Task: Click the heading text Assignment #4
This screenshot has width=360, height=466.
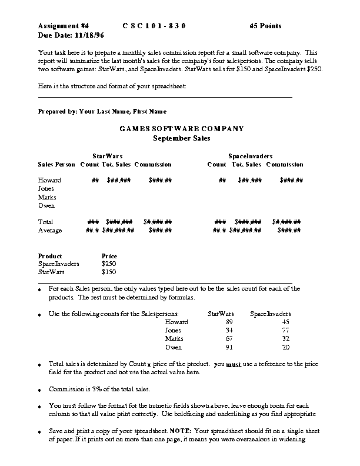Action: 64,26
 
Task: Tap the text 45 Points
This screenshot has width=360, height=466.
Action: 265,26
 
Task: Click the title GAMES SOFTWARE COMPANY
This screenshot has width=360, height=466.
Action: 182,129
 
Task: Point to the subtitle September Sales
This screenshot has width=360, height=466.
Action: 182,138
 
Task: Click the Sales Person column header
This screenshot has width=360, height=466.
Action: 56,164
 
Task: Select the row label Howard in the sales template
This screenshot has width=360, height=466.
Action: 49,180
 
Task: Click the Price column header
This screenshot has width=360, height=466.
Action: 109,256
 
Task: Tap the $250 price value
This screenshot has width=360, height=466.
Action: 109,264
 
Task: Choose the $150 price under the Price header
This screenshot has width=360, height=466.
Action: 109,272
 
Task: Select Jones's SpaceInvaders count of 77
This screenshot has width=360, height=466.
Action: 286,331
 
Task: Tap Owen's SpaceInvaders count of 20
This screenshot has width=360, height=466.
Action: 286,347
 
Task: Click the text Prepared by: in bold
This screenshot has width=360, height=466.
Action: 58,111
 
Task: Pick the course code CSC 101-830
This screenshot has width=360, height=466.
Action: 154,26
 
